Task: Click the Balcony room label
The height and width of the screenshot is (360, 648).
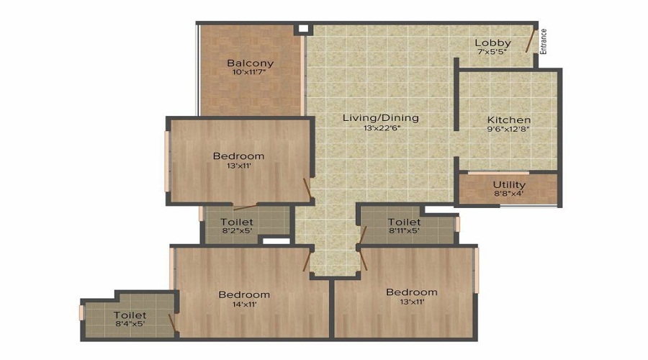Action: coord(250,63)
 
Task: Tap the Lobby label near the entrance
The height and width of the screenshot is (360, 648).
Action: coord(492,43)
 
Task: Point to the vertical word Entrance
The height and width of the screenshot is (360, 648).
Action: coord(544,41)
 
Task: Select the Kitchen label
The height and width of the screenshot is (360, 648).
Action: coord(509,120)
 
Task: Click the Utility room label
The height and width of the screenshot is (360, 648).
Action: coord(509,184)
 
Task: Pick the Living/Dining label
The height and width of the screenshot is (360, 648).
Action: coord(380,118)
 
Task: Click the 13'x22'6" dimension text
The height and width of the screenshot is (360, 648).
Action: coord(381,128)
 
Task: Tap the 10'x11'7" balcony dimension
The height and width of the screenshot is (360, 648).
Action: coord(250,73)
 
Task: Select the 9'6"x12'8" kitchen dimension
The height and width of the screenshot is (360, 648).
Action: coord(509,130)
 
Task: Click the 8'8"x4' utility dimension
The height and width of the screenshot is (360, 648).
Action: coord(509,194)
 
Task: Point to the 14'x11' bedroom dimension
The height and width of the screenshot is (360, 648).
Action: coord(244,305)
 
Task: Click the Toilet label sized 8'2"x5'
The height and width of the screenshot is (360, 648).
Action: coord(237,222)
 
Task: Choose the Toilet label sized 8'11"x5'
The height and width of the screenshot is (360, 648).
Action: coord(404,222)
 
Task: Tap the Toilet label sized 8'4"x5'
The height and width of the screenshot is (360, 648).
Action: coord(130,315)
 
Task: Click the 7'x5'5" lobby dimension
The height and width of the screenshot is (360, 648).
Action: coord(492,53)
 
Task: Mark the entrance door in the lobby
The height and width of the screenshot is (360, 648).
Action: coord(531,39)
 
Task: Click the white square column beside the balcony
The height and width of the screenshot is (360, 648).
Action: coord(303,29)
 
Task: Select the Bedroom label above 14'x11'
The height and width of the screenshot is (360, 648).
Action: coord(244,294)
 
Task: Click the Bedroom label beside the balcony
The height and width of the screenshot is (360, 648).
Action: coord(238,156)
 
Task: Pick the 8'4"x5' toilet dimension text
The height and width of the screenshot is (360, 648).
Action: coord(130,325)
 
